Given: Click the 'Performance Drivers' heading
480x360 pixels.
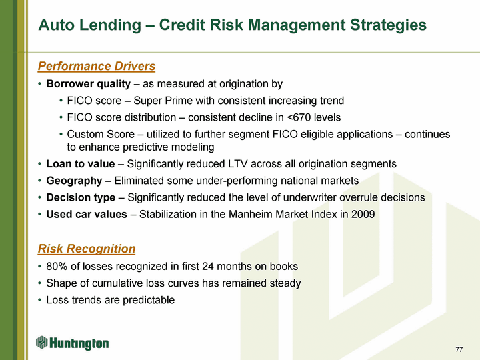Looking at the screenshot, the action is click(97, 66).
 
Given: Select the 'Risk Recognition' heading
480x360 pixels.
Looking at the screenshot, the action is click(87, 249).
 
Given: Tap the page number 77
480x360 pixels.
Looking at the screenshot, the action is click(459, 349).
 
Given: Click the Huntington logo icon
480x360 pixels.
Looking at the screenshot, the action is click(41, 342).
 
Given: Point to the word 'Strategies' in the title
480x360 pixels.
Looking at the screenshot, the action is click(388, 25).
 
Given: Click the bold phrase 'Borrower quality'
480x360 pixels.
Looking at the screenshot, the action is click(89, 83).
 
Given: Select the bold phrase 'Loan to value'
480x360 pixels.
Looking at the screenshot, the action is click(81, 164).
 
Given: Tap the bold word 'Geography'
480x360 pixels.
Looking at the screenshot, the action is click(74, 181).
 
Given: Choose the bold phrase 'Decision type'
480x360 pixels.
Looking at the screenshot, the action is click(81, 198).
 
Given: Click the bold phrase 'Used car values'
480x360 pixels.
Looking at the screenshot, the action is click(87, 214).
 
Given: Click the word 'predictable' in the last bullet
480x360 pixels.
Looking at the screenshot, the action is click(149, 300).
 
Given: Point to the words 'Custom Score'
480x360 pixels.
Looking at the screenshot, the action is click(101, 134).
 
